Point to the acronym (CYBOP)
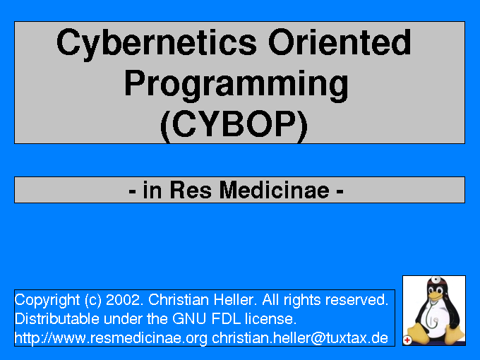234,126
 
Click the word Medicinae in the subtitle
275,190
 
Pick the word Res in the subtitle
191,190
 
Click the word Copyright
47,301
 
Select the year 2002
124,300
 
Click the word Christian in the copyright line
179,300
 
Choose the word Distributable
57,318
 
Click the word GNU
189,318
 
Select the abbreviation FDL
226,318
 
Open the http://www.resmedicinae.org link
111,338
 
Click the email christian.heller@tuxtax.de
300,338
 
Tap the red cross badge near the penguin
407,340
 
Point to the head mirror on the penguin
436,280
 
